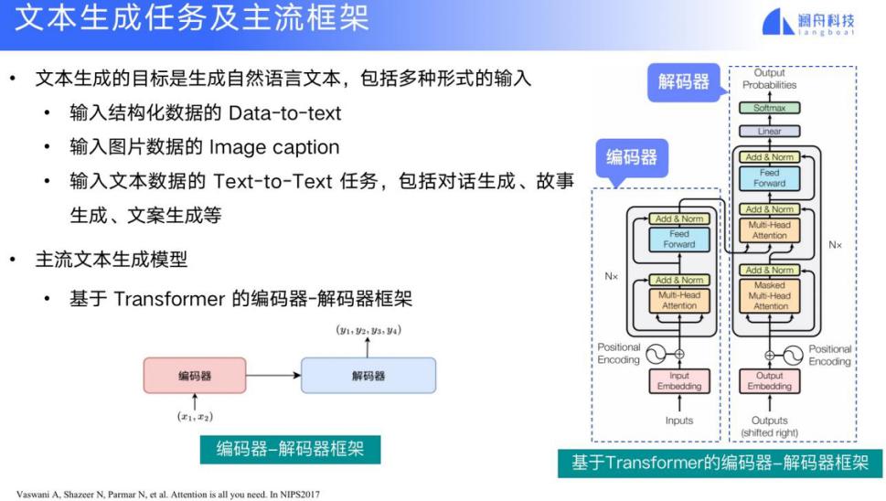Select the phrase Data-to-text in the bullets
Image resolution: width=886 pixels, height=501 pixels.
pyautogui.click(x=284, y=112)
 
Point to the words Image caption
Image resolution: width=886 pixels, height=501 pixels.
pyautogui.click(x=273, y=146)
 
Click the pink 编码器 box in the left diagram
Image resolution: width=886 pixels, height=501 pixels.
pyautogui.click(x=194, y=375)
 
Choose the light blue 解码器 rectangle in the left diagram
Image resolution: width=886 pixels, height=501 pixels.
pyautogui.click(x=368, y=375)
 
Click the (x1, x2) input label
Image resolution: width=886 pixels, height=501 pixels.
pyautogui.click(x=194, y=416)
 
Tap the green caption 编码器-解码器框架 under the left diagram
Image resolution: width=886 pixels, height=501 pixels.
pyautogui.click(x=291, y=449)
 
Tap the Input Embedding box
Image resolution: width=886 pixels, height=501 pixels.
pyautogui.click(x=678, y=381)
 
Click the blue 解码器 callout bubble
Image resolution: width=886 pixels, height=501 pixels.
pyautogui.click(x=683, y=81)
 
